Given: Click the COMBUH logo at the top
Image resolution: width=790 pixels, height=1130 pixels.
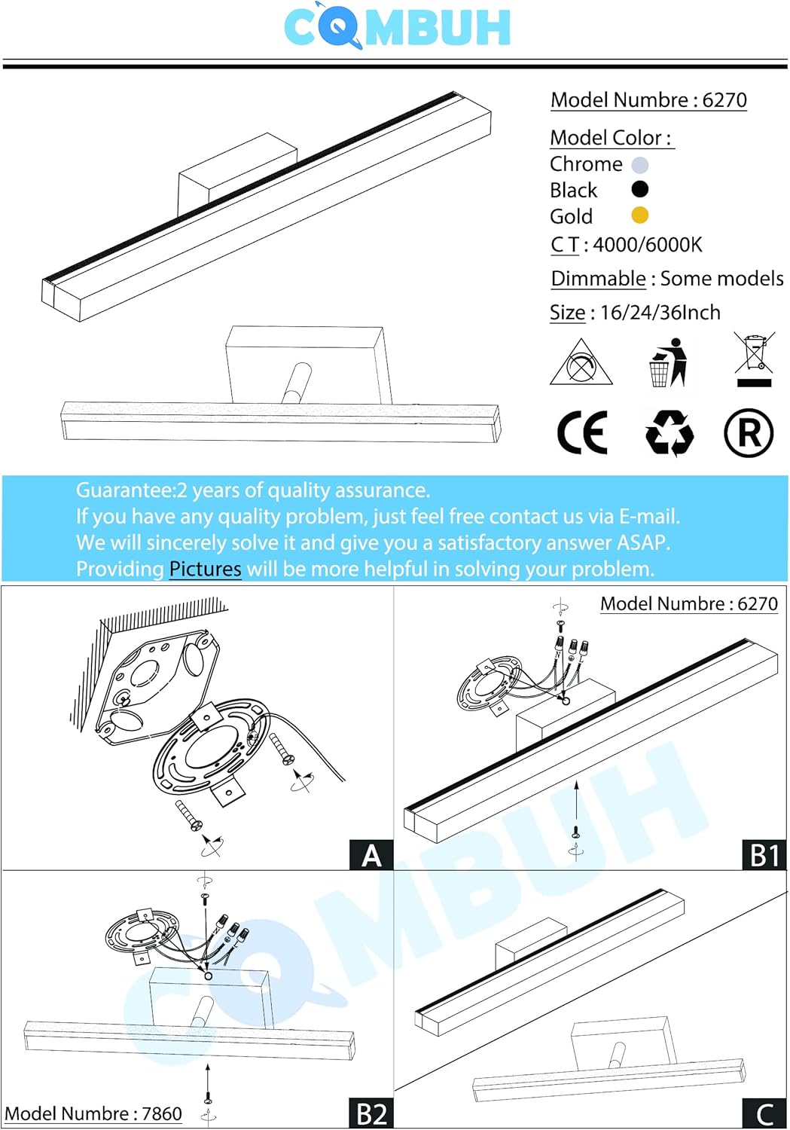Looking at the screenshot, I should click(397, 27).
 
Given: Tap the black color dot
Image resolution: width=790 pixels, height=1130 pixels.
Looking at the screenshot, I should click(639, 189).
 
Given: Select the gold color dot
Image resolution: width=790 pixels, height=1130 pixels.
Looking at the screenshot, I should click(639, 215).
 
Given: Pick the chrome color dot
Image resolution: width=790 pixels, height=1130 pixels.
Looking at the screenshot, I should click(639, 165).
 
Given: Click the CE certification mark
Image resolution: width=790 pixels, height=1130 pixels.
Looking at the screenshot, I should click(581, 433).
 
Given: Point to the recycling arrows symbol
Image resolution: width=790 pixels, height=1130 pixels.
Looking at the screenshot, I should click(669, 433).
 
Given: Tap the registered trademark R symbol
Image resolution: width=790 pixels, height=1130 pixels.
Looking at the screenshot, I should click(748, 433).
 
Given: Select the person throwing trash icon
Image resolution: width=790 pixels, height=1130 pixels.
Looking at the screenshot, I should click(669, 362).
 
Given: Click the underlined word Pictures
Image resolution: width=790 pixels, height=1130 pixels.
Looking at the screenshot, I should click(205, 569).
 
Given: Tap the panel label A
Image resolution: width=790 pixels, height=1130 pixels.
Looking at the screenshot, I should click(371, 855).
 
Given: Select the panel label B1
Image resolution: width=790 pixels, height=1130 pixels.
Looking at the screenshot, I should click(764, 855).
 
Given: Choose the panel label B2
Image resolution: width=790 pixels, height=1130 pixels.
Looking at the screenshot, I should click(371, 1113).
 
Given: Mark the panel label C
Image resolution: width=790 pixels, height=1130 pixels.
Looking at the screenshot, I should click(764, 1113).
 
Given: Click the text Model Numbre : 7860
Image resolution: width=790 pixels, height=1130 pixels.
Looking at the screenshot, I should click(93, 1113).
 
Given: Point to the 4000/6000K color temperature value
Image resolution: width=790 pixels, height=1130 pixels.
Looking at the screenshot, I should click(648, 245).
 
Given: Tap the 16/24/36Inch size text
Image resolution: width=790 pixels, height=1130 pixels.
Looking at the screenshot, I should click(660, 313).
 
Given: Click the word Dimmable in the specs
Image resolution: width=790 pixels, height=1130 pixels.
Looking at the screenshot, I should click(598, 279).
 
